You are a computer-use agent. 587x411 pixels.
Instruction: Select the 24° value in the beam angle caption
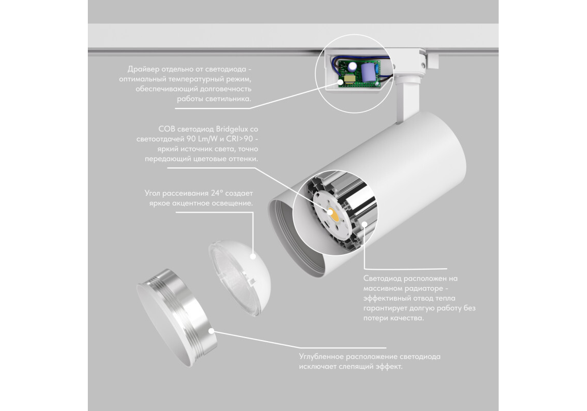217,193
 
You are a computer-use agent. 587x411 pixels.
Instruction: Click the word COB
166,129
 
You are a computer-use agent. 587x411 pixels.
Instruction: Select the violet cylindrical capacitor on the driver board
366,72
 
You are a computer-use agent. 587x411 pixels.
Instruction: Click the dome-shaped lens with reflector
240,277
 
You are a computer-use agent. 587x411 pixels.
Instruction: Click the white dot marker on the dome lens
253,257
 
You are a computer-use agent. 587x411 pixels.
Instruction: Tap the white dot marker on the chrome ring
212,331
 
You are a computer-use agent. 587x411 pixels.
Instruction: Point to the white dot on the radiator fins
364,224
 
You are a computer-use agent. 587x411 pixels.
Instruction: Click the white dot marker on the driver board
340,82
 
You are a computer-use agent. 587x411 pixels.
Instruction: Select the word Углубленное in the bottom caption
321,357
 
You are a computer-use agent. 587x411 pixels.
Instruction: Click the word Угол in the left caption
153,194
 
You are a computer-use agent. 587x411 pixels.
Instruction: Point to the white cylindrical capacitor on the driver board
353,67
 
